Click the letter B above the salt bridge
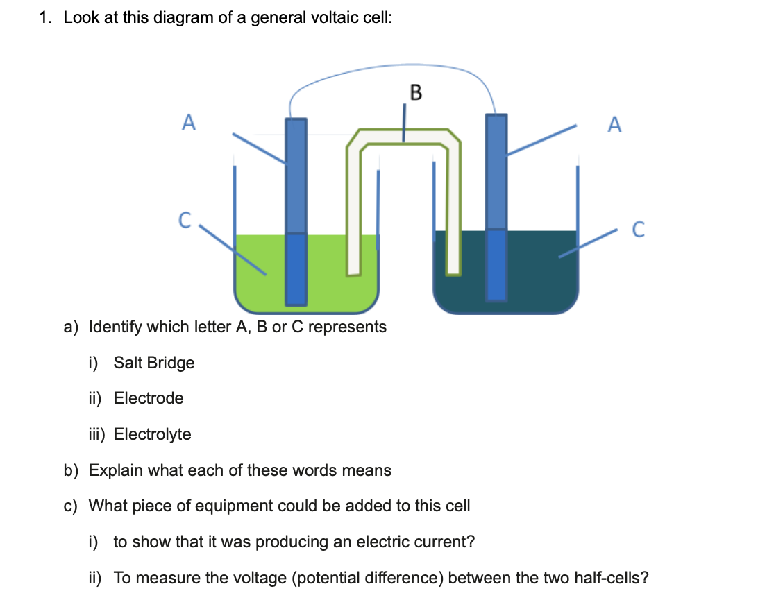(415, 92)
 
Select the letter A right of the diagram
(614, 125)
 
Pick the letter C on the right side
(638, 229)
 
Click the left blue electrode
(296, 208)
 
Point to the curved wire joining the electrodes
(389, 68)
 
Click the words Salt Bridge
(154, 363)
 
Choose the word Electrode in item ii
(149, 398)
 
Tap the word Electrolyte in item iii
(152, 434)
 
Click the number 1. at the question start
(46, 19)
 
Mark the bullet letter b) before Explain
(71, 470)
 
